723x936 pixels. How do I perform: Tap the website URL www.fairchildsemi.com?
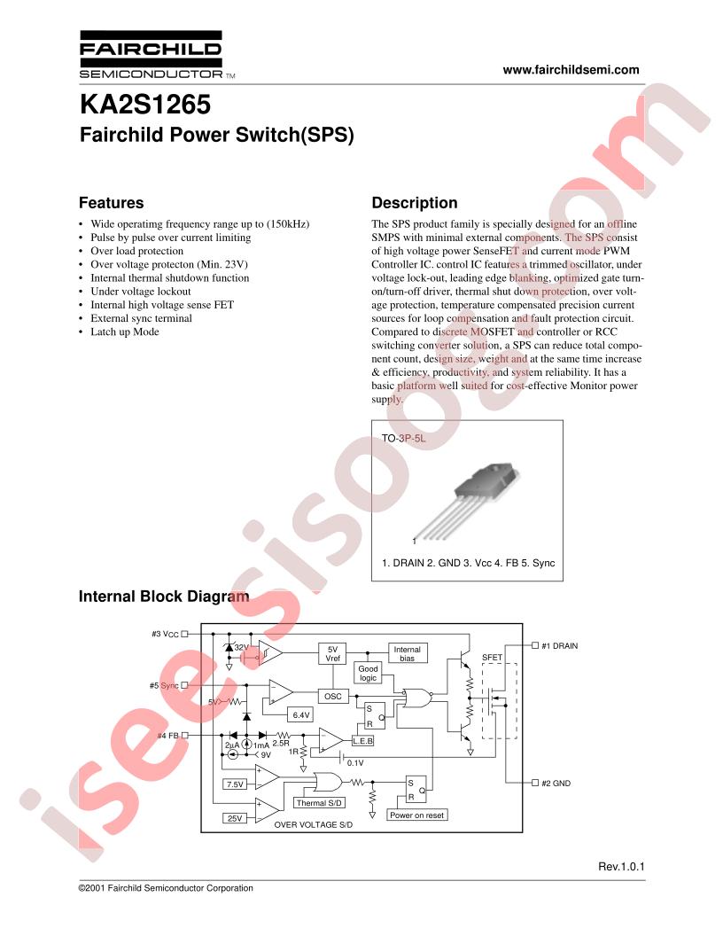point(571,70)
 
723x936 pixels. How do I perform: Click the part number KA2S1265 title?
point(145,105)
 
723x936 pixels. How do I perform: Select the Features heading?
point(111,203)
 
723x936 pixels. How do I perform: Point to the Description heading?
point(414,203)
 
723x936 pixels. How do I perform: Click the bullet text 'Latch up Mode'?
point(125,331)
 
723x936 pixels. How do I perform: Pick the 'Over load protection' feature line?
point(136,252)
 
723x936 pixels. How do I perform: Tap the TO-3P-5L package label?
point(403,438)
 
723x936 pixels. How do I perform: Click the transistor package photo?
point(464,503)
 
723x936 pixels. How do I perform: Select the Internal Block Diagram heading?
point(164,597)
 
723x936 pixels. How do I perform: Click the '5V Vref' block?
point(332,653)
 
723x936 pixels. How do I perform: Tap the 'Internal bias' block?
point(407,653)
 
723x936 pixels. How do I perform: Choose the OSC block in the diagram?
point(332,696)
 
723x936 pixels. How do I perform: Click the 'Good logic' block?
point(368,674)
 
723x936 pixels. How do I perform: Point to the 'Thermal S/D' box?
point(319,803)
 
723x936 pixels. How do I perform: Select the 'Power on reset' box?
point(417,815)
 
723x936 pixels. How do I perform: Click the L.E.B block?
point(362,741)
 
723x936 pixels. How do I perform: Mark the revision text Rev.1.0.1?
point(621,867)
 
